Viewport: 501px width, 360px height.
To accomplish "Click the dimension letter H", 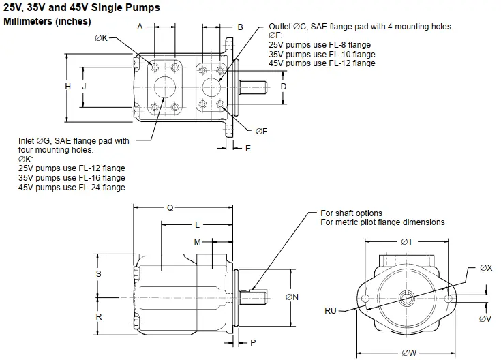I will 68,87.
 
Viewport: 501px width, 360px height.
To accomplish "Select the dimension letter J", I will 84,87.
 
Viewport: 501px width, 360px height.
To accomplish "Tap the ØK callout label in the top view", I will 101,38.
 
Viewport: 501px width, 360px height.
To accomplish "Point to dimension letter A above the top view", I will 140,27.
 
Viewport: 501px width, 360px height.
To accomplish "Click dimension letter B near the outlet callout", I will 241,27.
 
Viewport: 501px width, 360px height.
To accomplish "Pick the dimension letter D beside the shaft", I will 284,87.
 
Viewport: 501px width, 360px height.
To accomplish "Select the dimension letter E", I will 247,148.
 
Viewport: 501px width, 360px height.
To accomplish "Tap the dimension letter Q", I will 170,208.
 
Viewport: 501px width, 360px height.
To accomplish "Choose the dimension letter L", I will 197,224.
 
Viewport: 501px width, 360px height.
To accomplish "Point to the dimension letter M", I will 198,241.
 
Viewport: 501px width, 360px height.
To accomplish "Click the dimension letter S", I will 99,273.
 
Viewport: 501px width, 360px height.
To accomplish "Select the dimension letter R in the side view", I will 99,317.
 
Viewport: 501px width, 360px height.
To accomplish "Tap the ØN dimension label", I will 292,297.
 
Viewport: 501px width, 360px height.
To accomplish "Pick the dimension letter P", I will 252,342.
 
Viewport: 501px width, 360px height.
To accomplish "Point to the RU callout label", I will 331,311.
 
